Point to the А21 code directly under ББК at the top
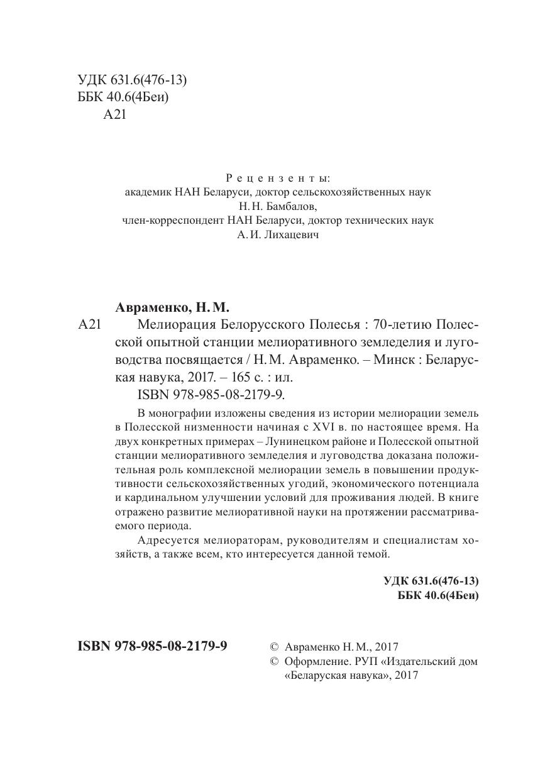point(115,115)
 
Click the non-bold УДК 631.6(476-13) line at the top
point(133,80)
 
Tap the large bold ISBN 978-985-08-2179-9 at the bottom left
point(152,646)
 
